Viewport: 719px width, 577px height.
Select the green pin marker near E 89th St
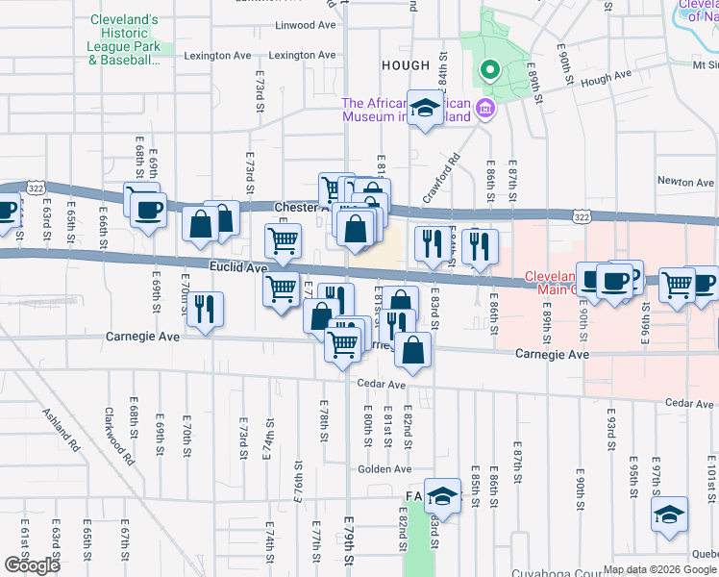click(x=488, y=69)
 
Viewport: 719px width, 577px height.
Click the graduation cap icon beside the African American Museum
click(x=423, y=109)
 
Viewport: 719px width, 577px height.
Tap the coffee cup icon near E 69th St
click(x=148, y=211)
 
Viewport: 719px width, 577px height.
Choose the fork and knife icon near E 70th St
click(x=205, y=310)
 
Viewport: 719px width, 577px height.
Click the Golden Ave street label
click(x=384, y=469)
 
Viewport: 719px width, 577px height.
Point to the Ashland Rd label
click(x=59, y=430)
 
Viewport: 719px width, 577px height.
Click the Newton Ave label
click(x=685, y=182)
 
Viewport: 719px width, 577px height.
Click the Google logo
click(x=32, y=565)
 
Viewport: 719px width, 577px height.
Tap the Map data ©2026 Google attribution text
click(x=660, y=569)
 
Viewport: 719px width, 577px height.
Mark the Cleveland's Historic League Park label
click(x=124, y=39)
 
